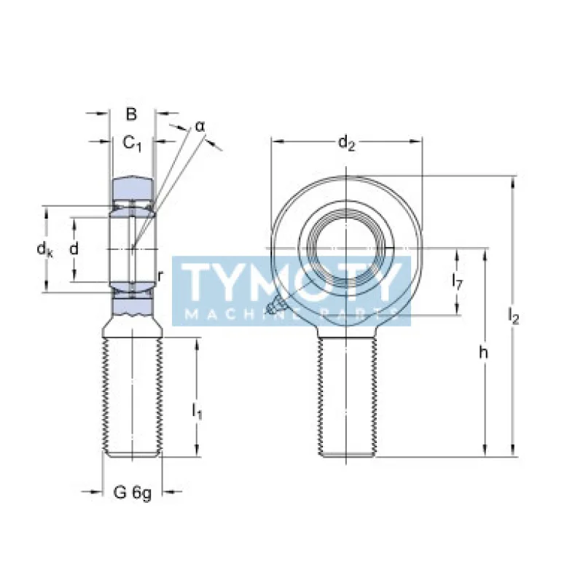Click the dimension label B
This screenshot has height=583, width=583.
(131, 114)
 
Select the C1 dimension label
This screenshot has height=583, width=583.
(132, 144)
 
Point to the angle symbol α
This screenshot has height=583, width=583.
(200, 127)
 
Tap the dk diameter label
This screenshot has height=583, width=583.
(45, 250)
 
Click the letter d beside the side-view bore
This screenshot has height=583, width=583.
(74, 249)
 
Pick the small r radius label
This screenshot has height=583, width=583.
(160, 275)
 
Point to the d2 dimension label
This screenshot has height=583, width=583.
(346, 144)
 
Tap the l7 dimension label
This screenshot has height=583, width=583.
(458, 281)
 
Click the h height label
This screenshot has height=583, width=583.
(483, 353)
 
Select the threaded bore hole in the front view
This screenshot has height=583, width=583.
(346, 248)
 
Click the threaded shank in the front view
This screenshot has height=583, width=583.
(347, 397)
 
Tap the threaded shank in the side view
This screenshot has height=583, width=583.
(133, 397)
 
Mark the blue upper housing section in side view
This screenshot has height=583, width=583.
(132, 189)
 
